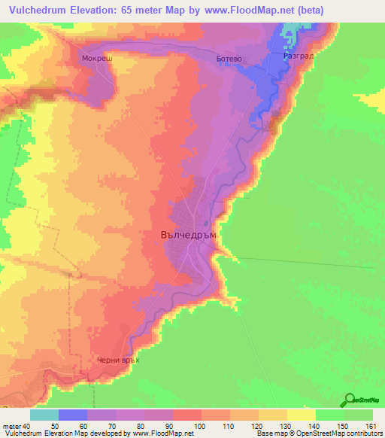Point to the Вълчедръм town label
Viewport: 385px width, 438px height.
(189, 234)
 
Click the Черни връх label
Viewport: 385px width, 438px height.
(119, 360)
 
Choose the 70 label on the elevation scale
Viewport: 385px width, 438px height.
(102, 426)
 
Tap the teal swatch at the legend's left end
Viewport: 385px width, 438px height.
(44, 415)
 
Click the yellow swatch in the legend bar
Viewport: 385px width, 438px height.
(302, 415)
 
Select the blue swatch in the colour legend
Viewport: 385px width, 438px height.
(73, 415)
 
